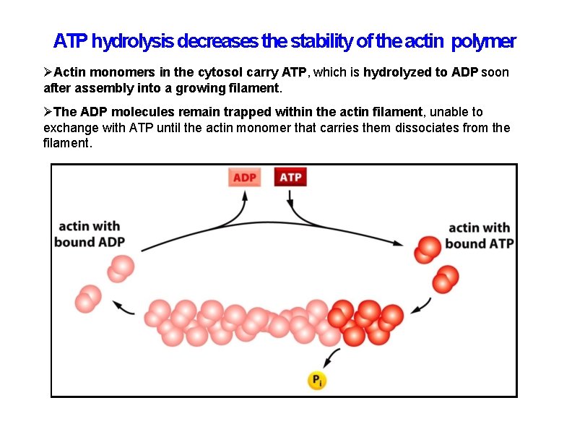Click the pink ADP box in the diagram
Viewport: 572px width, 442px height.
click(x=244, y=177)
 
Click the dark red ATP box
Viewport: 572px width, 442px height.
click(x=290, y=177)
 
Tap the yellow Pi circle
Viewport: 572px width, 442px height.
click(x=317, y=380)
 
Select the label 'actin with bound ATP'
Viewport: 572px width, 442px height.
click(x=479, y=235)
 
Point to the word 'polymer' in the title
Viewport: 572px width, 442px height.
click(x=483, y=41)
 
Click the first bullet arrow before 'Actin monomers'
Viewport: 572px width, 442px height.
click(x=48, y=72)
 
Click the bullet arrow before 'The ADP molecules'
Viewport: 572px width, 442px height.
click(x=48, y=112)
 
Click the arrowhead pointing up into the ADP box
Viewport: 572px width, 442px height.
click(x=243, y=194)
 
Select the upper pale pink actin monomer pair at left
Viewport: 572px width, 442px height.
click(x=121, y=268)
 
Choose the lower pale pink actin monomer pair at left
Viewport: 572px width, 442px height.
click(x=89, y=298)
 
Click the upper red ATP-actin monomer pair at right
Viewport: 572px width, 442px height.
click(x=427, y=249)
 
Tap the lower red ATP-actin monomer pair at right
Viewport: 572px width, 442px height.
click(x=446, y=279)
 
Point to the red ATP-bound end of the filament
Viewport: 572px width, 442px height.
click(x=365, y=322)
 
